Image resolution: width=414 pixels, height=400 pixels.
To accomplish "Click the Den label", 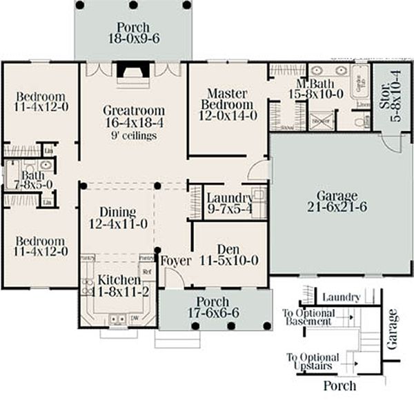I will click(x=228, y=249).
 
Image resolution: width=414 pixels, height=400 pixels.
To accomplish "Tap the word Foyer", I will click(x=175, y=261).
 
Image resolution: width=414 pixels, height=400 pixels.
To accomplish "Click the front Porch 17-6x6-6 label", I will click(x=213, y=303).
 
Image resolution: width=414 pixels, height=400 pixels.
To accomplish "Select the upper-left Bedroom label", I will click(x=41, y=96).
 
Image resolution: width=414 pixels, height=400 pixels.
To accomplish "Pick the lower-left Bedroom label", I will click(x=41, y=242).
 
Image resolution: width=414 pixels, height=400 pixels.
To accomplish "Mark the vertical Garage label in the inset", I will click(x=393, y=330).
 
